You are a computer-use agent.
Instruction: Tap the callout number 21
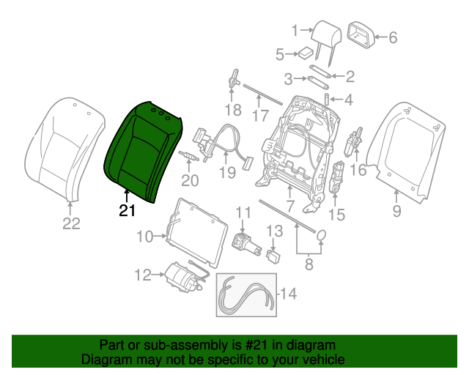128,212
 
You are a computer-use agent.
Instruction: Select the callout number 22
70,225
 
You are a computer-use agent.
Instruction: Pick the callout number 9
396,212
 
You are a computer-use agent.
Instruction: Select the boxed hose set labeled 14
246,294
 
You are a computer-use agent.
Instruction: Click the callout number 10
144,237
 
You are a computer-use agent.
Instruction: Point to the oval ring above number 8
320,234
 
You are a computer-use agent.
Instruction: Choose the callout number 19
227,174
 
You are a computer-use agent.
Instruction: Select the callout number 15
336,215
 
